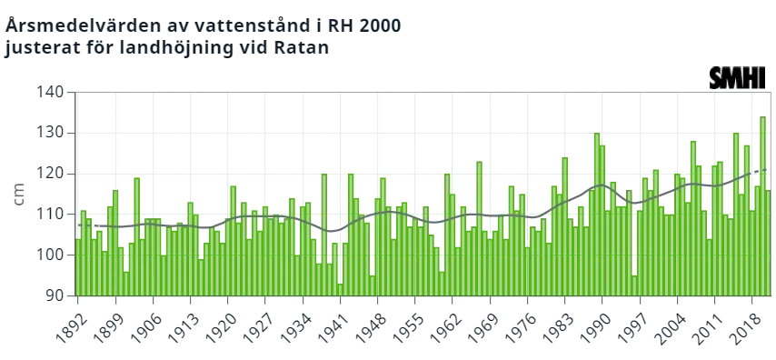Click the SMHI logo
tap(738, 78)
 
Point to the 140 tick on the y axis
tap(50, 93)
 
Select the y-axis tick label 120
tap(50, 174)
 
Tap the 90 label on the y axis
tap(54, 295)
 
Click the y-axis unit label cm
tap(19, 195)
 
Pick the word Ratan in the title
tap(304, 48)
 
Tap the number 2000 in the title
tap(380, 25)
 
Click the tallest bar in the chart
tap(762, 206)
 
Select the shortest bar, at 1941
tap(340, 290)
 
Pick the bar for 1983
tap(564, 226)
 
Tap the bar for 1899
tap(115, 243)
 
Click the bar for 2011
tap(714, 230)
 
